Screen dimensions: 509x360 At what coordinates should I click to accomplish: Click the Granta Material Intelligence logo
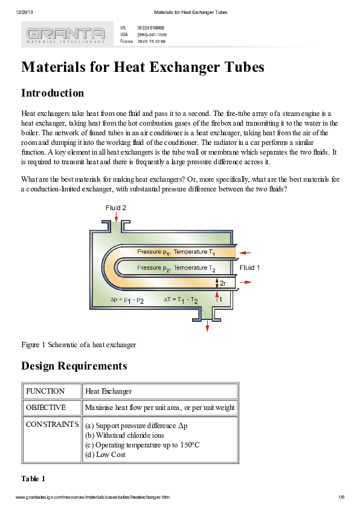point(66,34)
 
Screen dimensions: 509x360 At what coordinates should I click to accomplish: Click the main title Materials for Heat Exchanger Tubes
point(143,67)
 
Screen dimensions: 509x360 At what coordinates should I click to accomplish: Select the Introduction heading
point(53,93)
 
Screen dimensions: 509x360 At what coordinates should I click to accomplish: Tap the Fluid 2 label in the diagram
point(116,208)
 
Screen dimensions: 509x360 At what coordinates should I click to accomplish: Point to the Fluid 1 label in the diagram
point(250,267)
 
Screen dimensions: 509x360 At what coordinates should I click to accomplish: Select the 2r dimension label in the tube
point(222,283)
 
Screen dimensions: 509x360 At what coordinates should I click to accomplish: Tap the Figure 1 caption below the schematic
point(79,345)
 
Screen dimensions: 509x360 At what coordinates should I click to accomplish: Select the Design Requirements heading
point(74,366)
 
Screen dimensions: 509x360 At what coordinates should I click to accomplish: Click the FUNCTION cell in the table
point(45,391)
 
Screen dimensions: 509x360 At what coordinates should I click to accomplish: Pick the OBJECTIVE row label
point(46,408)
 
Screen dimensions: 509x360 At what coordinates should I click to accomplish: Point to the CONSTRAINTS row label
point(51,424)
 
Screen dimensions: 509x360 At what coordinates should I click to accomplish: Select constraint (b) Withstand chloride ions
point(125,435)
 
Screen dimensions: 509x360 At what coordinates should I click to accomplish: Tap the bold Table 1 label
point(33,479)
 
